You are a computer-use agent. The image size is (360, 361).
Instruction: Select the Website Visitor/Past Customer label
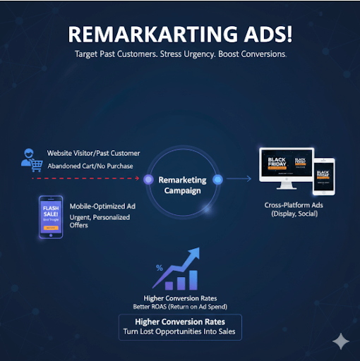(93, 153)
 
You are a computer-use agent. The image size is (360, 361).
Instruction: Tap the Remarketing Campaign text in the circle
(183, 185)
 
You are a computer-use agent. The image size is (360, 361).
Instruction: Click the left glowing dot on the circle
(148, 179)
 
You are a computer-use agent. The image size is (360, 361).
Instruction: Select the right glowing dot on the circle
(217, 179)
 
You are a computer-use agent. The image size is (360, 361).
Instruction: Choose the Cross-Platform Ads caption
(295, 208)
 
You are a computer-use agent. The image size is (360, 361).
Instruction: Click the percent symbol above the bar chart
(160, 268)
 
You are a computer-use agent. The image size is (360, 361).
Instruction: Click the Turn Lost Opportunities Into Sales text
(179, 331)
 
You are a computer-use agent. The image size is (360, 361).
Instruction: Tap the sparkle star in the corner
(341, 342)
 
